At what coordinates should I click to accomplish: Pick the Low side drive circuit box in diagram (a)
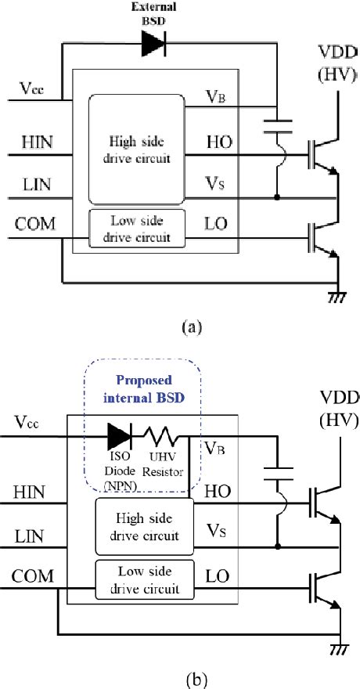[137, 228]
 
